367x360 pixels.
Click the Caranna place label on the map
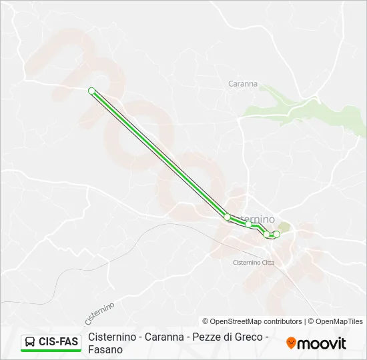243,84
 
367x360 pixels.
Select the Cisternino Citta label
254,263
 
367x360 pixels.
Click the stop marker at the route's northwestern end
91,91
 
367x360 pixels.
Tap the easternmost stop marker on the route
277,234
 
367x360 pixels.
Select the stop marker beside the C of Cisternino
227,217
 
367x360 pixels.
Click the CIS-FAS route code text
58,342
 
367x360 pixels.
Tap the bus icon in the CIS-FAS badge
30,342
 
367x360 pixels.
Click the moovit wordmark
322,343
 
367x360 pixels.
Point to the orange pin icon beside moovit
291,343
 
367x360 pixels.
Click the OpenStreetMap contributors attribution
252,321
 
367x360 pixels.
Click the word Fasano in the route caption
105,349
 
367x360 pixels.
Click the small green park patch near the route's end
283,228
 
